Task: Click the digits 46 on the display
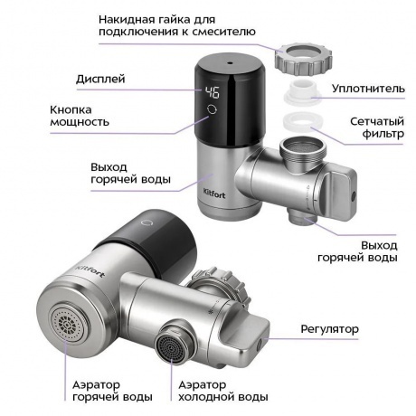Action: point(212,92)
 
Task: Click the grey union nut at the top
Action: point(303,59)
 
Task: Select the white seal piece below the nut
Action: point(303,92)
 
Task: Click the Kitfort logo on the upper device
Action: point(214,194)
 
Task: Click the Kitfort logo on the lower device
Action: point(90,270)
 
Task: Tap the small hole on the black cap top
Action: point(231,63)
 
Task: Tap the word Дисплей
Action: point(100,79)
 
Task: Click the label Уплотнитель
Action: point(368,89)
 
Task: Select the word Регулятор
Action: point(330,329)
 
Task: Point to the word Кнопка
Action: point(71,109)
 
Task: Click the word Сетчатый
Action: point(377,121)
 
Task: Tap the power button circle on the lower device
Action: point(147,222)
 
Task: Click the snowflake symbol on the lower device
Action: point(211,312)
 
